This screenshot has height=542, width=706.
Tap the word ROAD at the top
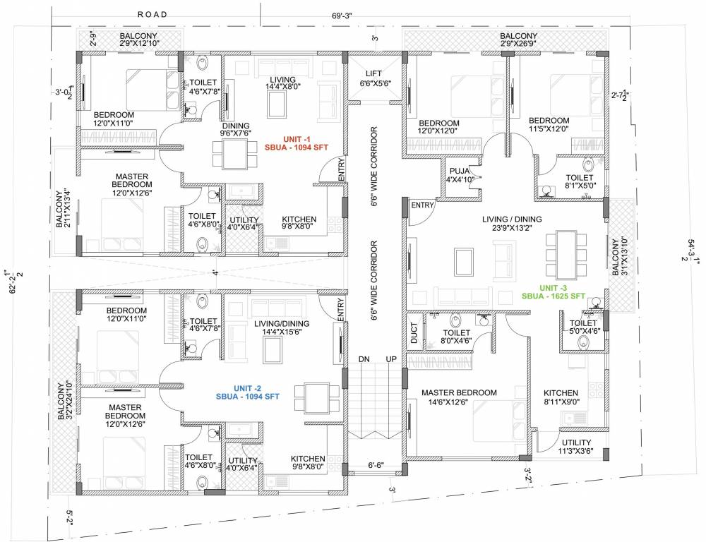coord(152,14)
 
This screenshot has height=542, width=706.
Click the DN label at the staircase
coord(364,359)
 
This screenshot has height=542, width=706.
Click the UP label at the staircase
coord(390,359)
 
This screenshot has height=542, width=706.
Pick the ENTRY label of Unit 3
coord(422,205)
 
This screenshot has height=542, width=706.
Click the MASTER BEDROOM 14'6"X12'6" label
coord(459,397)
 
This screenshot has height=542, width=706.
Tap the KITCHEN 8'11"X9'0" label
coord(561,397)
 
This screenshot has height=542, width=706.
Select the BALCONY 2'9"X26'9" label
coord(519,40)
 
